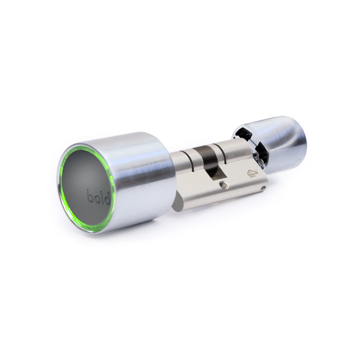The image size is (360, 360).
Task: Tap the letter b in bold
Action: (x=90, y=195)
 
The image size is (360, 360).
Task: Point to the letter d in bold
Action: (x=107, y=199)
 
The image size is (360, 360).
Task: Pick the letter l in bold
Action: (x=102, y=197)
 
